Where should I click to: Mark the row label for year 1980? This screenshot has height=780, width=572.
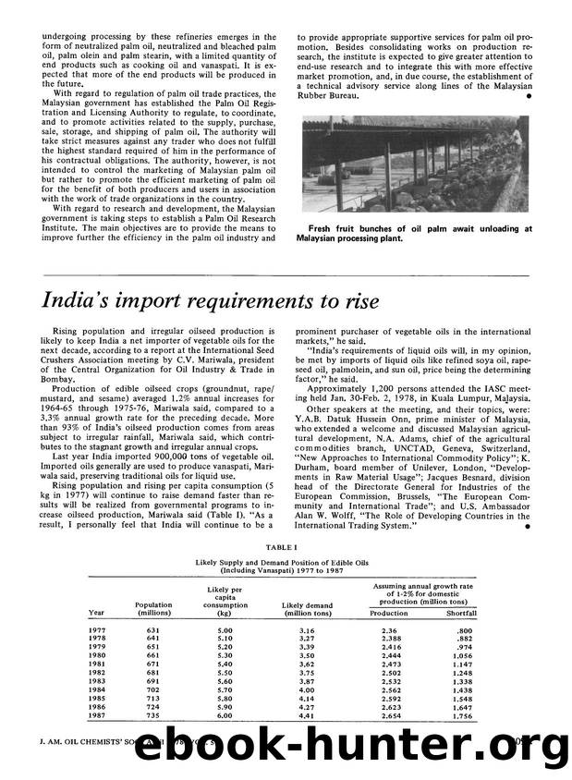[x=97, y=655]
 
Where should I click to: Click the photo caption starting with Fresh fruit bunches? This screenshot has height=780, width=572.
[x=413, y=233]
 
